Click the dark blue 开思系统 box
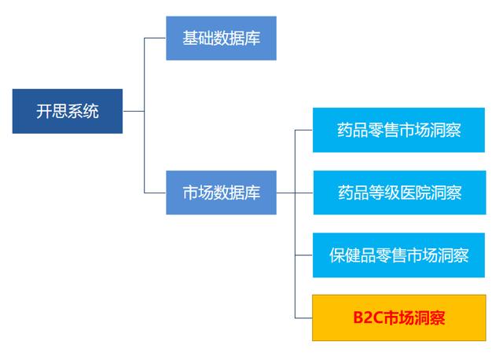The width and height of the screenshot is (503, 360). pyautogui.click(x=68, y=111)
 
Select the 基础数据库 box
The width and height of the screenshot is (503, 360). pyautogui.click(x=221, y=38)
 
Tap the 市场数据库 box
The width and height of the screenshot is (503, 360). pyautogui.click(x=221, y=192)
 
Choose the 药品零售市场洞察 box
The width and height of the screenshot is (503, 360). pyautogui.click(x=399, y=130)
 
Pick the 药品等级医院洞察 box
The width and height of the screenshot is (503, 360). pyautogui.click(x=399, y=192)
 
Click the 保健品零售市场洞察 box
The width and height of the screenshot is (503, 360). pyautogui.click(x=399, y=255)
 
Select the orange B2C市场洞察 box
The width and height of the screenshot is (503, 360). pyautogui.click(x=399, y=318)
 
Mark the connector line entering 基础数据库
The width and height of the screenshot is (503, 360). pyautogui.click(x=155, y=38)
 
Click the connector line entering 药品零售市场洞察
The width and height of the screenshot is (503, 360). pyautogui.click(x=304, y=130)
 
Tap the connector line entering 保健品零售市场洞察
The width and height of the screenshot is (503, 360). pyautogui.click(x=304, y=255)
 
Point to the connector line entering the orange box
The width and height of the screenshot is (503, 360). pyautogui.click(x=304, y=318)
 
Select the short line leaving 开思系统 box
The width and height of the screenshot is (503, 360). pyautogui.click(x=134, y=111)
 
